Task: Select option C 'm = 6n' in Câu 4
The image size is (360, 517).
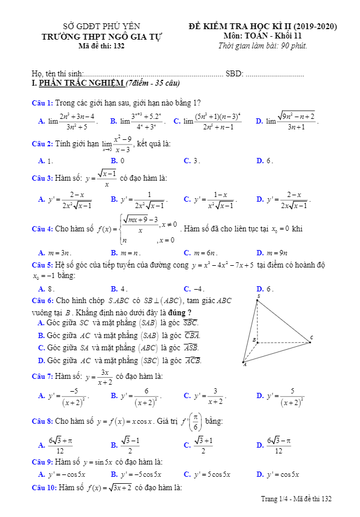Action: (201, 253)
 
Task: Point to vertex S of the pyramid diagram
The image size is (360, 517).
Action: (258, 297)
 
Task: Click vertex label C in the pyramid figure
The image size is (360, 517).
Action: (312, 337)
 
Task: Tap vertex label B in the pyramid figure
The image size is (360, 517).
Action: (254, 339)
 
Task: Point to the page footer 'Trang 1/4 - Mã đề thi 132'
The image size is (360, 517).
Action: (297, 499)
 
